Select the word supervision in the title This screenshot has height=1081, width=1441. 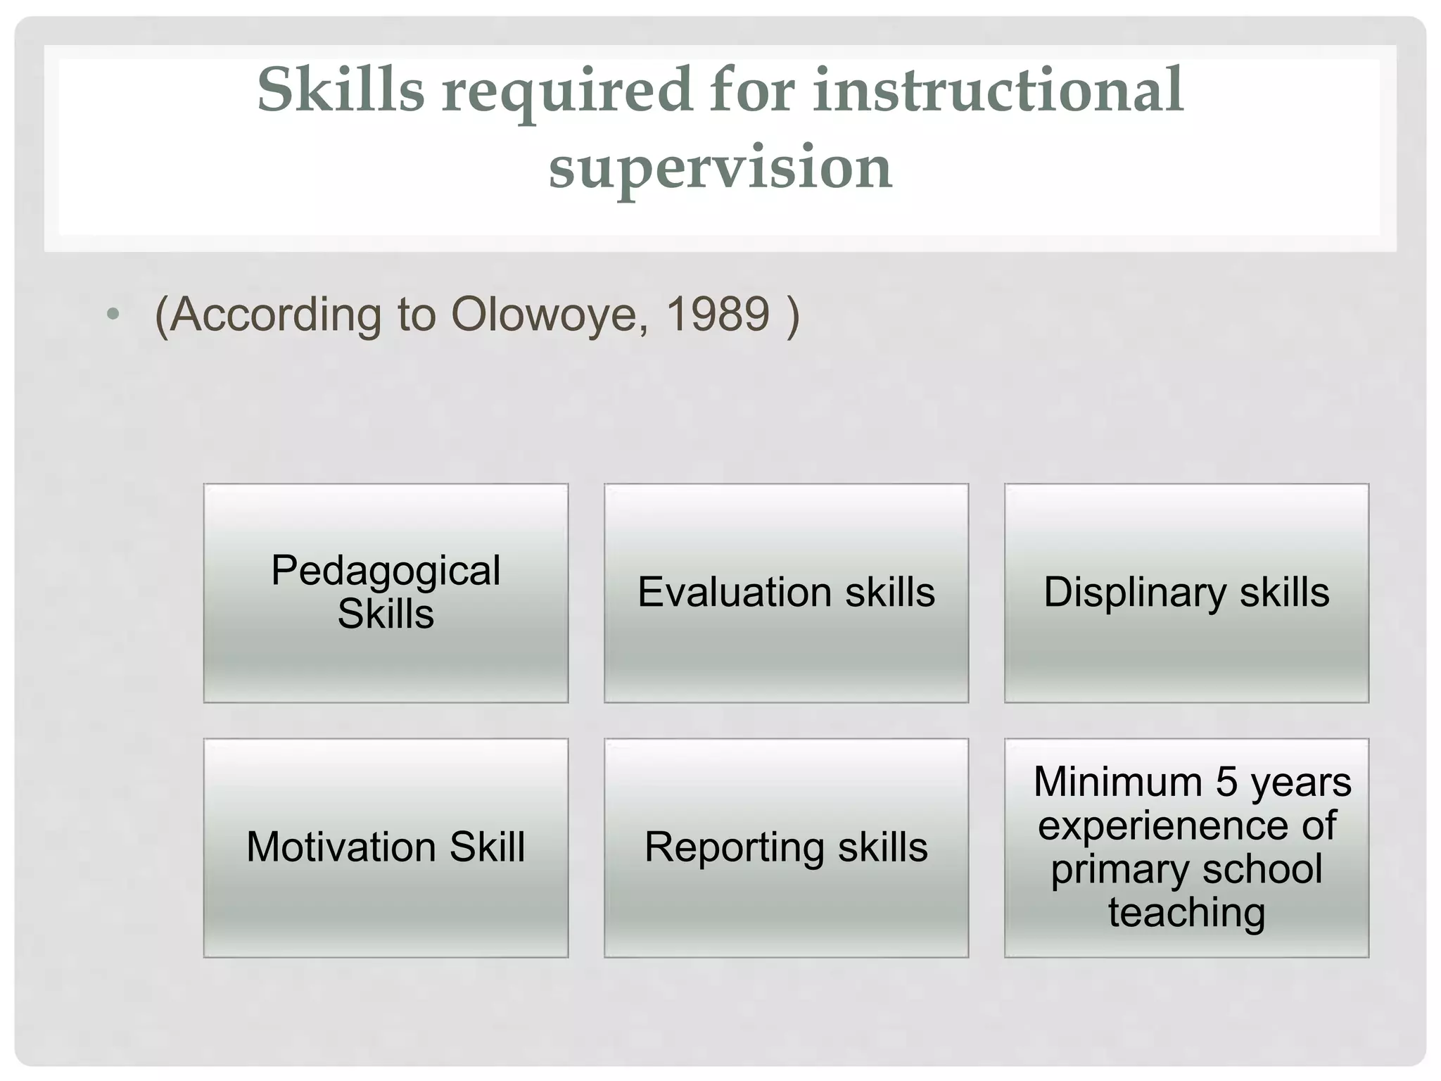(720, 167)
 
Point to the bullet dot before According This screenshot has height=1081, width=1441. (113, 314)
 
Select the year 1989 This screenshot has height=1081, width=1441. (717, 314)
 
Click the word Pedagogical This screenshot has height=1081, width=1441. (386, 570)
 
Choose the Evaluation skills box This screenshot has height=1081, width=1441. (786, 593)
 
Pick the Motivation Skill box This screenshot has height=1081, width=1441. (386, 847)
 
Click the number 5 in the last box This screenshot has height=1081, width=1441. (1226, 782)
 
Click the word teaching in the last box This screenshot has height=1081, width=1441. (1187, 913)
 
